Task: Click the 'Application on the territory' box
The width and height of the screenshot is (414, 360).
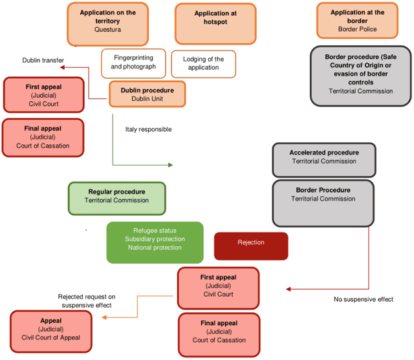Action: pyautogui.click(x=108, y=25)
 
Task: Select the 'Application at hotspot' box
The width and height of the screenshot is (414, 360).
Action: pyautogui.click(x=215, y=24)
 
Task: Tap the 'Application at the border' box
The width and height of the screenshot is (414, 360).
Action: pyautogui.click(x=357, y=21)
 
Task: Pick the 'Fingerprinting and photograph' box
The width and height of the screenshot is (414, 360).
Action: pyautogui.click(x=134, y=63)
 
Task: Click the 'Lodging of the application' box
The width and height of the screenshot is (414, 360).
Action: pyautogui.click(x=204, y=64)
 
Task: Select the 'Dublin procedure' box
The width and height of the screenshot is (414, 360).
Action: pyautogui.click(x=147, y=94)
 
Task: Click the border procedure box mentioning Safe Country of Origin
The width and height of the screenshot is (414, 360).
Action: pyautogui.click(x=361, y=76)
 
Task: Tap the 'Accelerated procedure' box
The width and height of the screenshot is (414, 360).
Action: pyautogui.click(x=324, y=160)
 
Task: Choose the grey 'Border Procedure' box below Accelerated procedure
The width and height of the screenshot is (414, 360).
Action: pyautogui.click(x=323, y=204)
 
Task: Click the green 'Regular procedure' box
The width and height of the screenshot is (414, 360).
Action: pyautogui.click(x=117, y=198)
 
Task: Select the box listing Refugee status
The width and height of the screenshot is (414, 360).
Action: pyautogui.click(x=155, y=242)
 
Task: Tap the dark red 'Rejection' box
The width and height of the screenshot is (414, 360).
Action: pyautogui.click(x=251, y=246)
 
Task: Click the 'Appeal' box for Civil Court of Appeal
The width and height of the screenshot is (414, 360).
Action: pyautogui.click(x=51, y=332)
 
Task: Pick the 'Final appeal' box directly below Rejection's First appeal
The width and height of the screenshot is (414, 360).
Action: pyautogui.click(x=219, y=335)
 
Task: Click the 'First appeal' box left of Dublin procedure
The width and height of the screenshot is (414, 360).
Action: pyautogui.click(x=43, y=95)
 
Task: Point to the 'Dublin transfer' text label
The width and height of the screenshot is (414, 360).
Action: pyautogui.click(x=43, y=60)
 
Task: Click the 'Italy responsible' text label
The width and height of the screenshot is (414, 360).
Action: pyautogui.click(x=148, y=129)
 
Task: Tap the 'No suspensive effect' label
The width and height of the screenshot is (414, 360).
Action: pyautogui.click(x=364, y=299)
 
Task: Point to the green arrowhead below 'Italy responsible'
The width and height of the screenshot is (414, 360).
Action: pyautogui.click(x=171, y=165)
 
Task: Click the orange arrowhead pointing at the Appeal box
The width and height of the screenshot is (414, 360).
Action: pyautogui.click(x=104, y=317)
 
